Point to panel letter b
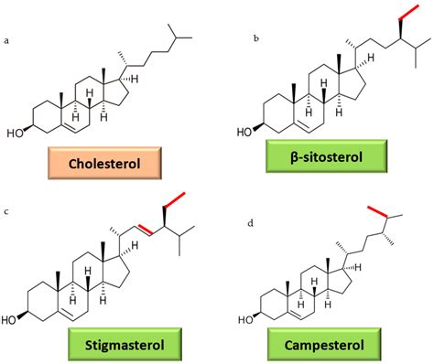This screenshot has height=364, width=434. [255, 40]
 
